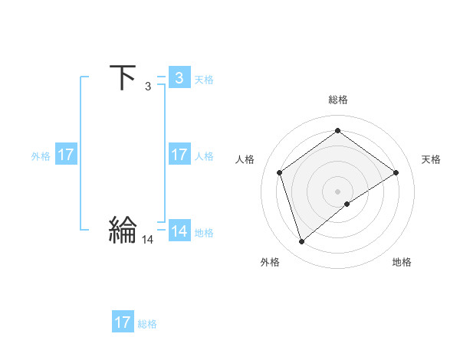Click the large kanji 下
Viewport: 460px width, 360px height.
[x=123, y=77]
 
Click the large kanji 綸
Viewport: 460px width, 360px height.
[x=123, y=230]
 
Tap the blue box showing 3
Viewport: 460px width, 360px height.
[x=179, y=77]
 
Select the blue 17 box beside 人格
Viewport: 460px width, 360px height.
[x=179, y=155]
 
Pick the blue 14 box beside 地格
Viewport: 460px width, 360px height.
[x=179, y=231]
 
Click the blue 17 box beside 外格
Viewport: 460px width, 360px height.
[x=66, y=155]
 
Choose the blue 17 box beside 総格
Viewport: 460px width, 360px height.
[x=123, y=322]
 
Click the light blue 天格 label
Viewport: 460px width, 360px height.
[x=204, y=79]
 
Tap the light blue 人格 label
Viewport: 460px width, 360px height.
[x=204, y=156]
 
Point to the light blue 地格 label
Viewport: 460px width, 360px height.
[x=204, y=233]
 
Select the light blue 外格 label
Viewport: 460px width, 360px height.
[x=41, y=156]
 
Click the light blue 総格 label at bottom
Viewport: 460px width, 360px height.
[x=147, y=324]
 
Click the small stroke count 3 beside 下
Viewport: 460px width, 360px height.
[x=147, y=87]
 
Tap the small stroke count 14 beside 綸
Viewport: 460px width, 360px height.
[x=147, y=240]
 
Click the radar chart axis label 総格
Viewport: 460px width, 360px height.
[x=337, y=100]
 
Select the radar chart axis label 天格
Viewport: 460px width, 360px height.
[x=431, y=159]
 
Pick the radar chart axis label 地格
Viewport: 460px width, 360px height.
[x=402, y=262]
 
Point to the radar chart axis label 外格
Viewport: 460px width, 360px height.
[x=270, y=262]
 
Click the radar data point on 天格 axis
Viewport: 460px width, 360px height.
[x=396, y=172]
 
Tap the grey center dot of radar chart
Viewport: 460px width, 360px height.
[x=337, y=191]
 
